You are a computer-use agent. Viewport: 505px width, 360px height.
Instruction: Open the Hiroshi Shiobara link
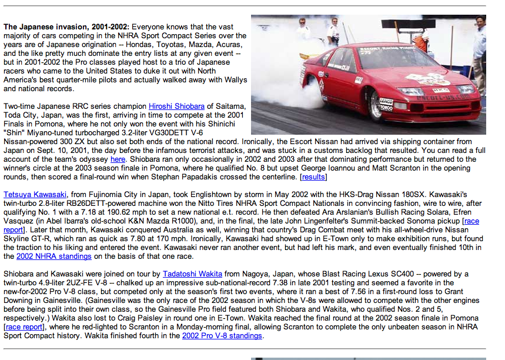tap(176, 106)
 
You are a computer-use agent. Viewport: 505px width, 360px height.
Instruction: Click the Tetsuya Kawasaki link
tap(35, 194)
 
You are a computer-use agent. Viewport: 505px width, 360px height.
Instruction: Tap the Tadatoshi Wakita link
tap(192, 274)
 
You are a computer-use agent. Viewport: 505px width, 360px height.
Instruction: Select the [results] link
tap(313, 176)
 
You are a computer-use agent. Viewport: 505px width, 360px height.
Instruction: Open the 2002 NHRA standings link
tap(53, 256)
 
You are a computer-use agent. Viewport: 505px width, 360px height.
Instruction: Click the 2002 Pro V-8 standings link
tap(222, 335)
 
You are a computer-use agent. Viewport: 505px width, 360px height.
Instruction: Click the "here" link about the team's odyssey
tap(118, 159)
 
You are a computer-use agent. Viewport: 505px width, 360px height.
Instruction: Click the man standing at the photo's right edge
tap(479, 53)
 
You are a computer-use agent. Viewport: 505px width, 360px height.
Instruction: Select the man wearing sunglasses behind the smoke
tap(303, 29)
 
